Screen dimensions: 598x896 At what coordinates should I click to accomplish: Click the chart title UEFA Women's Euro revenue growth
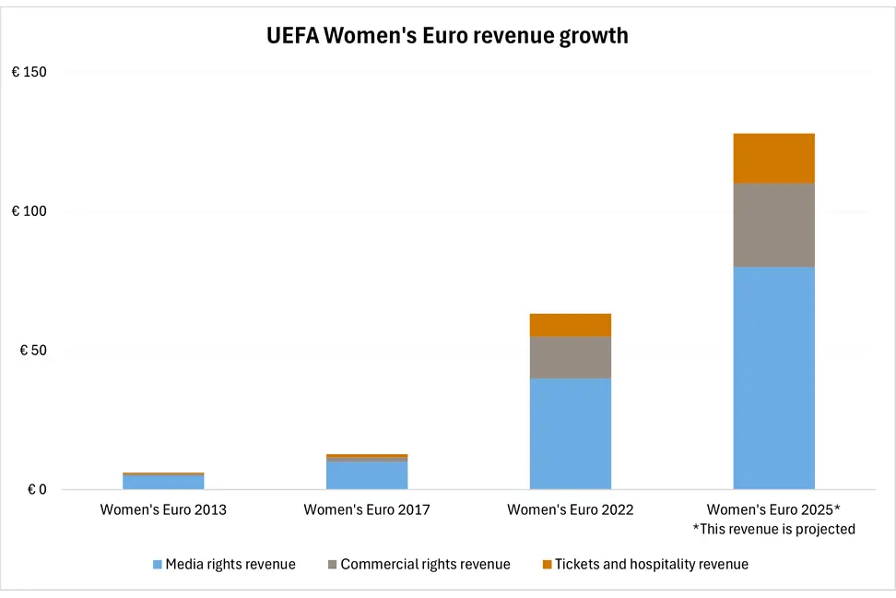(x=447, y=36)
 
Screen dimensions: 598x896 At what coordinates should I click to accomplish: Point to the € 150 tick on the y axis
(x=29, y=72)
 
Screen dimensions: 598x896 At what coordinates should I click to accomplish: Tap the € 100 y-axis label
(x=29, y=211)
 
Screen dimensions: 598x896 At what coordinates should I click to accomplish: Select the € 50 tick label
(x=32, y=351)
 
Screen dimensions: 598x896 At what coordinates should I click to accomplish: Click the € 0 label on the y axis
(x=36, y=490)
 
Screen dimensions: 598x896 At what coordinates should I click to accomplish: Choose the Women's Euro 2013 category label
(x=163, y=509)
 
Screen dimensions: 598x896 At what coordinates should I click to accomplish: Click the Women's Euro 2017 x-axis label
(x=367, y=509)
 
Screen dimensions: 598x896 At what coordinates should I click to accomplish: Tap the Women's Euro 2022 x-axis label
(x=571, y=509)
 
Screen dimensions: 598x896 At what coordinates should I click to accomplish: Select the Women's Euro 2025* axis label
(x=773, y=509)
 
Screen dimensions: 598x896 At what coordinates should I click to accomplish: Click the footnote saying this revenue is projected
(x=773, y=529)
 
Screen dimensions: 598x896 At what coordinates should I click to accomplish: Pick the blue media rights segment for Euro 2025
(x=773, y=377)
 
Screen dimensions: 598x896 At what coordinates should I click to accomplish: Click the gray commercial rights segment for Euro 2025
(x=773, y=225)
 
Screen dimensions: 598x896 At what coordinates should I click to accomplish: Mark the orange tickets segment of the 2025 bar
(x=773, y=158)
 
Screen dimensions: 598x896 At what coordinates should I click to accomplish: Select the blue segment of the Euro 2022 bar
(x=571, y=433)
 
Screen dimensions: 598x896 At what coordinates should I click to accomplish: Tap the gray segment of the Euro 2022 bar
(x=571, y=357)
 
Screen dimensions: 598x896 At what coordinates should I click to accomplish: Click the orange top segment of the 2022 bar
(x=571, y=325)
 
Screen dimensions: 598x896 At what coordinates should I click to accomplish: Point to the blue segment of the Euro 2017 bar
(x=367, y=475)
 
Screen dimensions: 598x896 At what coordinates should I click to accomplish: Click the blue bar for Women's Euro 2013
(x=163, y=482)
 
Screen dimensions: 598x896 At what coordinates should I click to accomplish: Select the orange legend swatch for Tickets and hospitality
(x=547, y=564)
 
